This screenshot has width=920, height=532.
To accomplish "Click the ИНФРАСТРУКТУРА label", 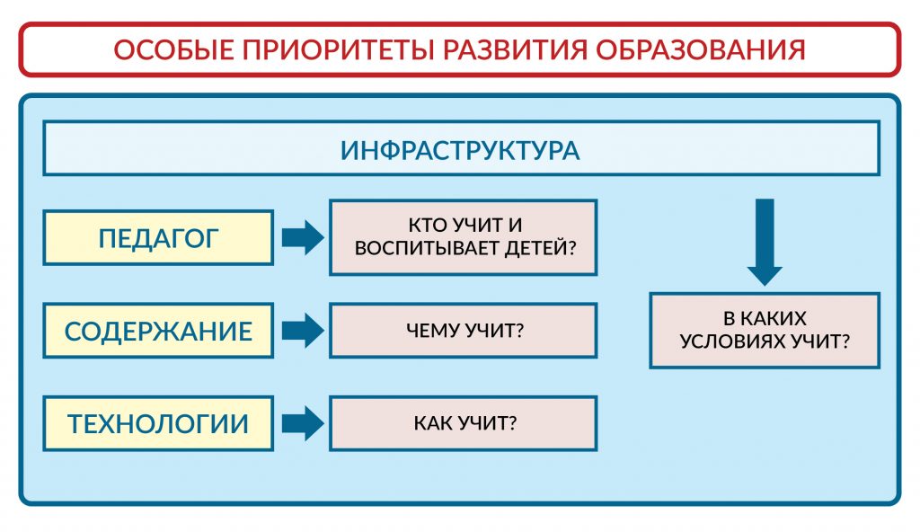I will point(460,149).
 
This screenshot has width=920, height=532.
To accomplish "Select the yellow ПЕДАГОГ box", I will point(158,238).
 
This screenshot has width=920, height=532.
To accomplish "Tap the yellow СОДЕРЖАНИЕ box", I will point(158,331).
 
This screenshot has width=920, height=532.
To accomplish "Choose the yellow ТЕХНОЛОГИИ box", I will point(158,423).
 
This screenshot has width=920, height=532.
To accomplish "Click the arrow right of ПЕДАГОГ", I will point(302,238).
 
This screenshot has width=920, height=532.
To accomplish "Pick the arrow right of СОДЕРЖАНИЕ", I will point(302,331).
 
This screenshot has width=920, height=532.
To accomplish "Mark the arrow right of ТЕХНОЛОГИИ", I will point(302,423).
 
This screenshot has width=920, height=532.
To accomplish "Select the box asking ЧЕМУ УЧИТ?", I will point(464,330).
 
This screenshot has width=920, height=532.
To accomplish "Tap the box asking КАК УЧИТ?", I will point(464,423).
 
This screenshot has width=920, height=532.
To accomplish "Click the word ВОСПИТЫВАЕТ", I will point(420,247).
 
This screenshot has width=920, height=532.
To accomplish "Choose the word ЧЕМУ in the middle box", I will point(435,330).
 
